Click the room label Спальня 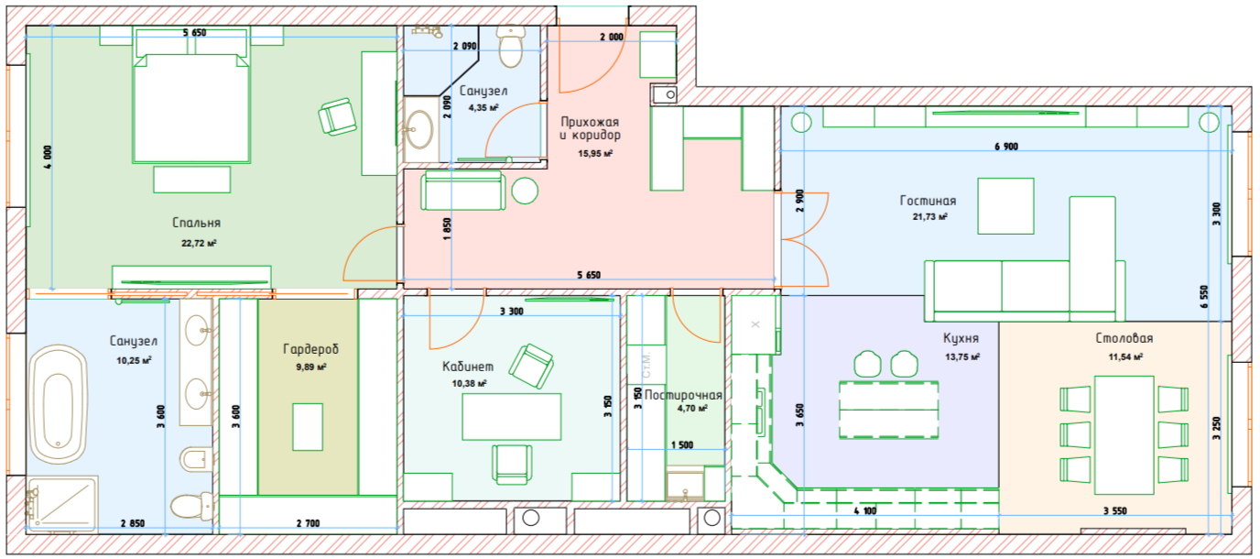[x=196, y=223]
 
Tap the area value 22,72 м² [x=199, y=244]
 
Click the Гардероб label [x=310, y=349]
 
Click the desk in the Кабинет [x=511, y=417]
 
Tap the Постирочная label [x=683, y=396]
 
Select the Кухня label [x=961, y=337]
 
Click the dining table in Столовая [x=1124, y=434]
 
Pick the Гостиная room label [x=928, y=201]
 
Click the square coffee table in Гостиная [x=1006, y=206]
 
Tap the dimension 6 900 [x=1005, y=147]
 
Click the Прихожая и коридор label [x=590, y=128]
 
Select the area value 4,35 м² [x=483, y=108]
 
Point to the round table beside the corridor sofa [x=525, y=191]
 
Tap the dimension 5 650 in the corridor [x=589, y=275]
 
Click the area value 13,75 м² [x=962, y=356]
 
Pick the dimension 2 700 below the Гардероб [x=308, y=523]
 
